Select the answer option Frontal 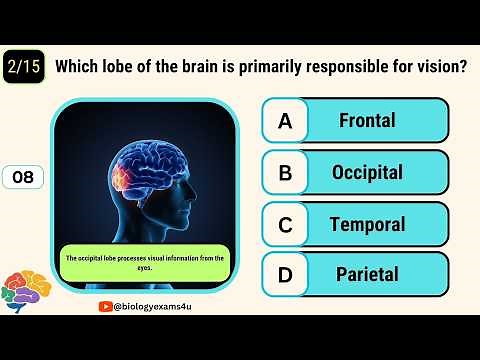pos(367,121)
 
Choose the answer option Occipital pos(367,173)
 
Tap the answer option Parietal pos(367,274)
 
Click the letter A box pos(285,121)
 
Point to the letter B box pos(285,173)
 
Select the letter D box pos(285,274)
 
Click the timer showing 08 pos(22,178)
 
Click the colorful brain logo pos(25,291)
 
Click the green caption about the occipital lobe pos(145,262)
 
